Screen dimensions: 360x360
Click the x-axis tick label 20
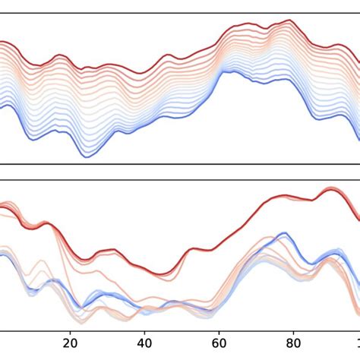click(x=71, y=343)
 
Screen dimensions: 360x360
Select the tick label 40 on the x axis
click(x=145, y=343)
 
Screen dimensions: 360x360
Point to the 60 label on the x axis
click(x=219, y=343)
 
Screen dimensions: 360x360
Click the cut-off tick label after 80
click(x=357, y=343)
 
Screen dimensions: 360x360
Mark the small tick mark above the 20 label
click(x=71, y=332)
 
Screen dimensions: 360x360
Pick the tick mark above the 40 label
click(x=145, y=332)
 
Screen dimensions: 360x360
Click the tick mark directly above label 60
click(x=219, y=332)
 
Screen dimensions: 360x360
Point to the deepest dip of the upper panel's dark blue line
click(x=92, y=156)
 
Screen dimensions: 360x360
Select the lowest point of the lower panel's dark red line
click(x=163, y=275)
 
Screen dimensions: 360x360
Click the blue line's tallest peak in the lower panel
click(x=283, y=233)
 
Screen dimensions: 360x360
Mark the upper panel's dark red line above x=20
click(x=71, y=56)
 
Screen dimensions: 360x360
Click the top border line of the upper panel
click(x=180, y=13)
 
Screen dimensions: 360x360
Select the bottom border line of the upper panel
click(x=180, y=163)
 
